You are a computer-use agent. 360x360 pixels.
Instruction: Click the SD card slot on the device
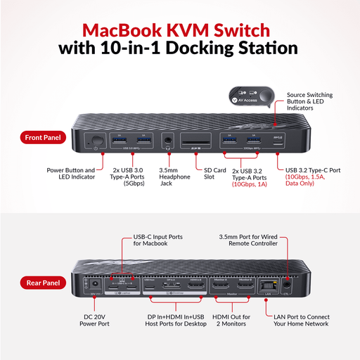point(198,141)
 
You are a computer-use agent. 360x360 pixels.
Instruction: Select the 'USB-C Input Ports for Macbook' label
point(155,240)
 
